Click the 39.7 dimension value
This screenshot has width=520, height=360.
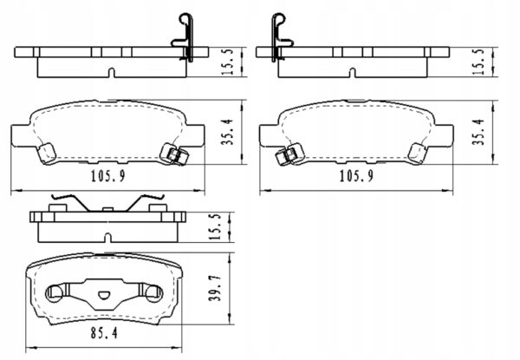[215, 287]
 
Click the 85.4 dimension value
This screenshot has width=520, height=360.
[104, 333]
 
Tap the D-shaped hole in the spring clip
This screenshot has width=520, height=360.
[104, 295]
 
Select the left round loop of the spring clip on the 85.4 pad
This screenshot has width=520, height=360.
[54, 293]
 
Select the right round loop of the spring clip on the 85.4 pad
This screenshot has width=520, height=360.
[154, 293]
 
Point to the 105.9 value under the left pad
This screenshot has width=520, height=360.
[108, 176]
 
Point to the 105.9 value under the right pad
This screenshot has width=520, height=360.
[356, 176]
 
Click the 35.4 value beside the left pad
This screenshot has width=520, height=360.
[228, 132]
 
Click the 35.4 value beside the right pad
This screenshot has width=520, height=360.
[478, 132]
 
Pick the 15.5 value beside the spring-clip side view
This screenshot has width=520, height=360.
[215, 227]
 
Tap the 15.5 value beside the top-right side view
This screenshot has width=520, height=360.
[478, 62]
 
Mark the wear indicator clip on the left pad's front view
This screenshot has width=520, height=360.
[174, 154]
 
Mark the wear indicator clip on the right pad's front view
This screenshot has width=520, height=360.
[289, 154]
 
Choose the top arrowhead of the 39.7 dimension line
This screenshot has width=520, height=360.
[230, 257]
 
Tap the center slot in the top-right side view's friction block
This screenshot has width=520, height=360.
[353, 73]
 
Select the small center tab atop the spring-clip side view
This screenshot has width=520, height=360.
[107, 209]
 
